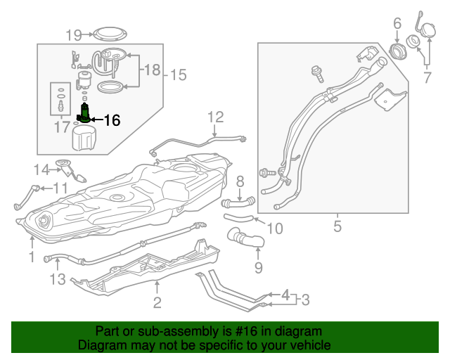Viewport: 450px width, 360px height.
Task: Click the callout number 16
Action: [x=112, y=120]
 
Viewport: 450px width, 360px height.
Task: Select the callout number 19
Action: [x=75, y=34]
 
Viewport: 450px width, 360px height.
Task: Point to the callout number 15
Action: [x=179, y=74]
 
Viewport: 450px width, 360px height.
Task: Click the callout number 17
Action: [x=63, y=127]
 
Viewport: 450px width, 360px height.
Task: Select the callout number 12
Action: [x=215, y=117]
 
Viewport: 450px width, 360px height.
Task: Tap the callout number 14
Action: [x=42, y=169]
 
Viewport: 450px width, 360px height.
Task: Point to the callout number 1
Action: [x=31, y=257]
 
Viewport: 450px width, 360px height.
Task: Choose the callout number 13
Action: [x=57, y=280]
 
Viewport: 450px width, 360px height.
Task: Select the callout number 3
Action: [x=304, y=300]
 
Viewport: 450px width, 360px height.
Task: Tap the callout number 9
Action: [x=258, y=267]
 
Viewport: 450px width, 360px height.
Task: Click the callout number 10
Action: [x=275, y=229]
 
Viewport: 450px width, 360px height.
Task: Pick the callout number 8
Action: [x=240, y=181]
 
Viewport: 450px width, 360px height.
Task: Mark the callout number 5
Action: [x=337, y=226]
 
